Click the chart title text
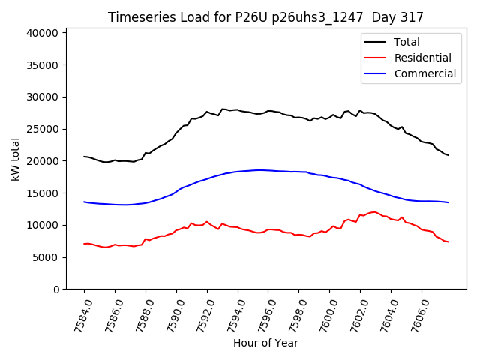pyautogui.click(x=265, y=17)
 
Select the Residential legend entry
pyautogui.click(x=422, y=58)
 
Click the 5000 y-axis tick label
pyautogui.click(x=47, y=257)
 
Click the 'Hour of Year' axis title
pyautogui.click(x=265, y=343)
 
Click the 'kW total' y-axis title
pyautogui.click(x=15, y=160)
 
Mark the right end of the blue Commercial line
pyautogui.click(x=448, y=202)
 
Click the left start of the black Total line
pyautogui.click(x=84, y=157)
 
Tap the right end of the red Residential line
pyautogui.click(x=448, y=241)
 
